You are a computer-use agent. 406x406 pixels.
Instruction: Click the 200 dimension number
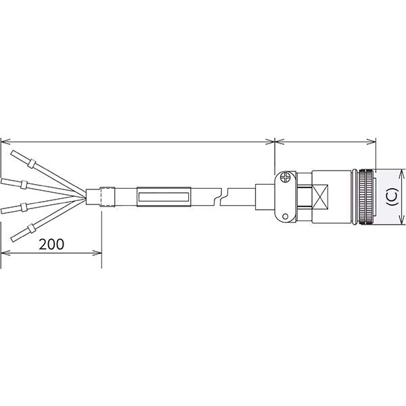[x=51, y=244]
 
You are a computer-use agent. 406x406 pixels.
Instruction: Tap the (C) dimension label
[x=392, y=197]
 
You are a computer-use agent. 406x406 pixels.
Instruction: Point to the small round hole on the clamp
[x=286, y=216]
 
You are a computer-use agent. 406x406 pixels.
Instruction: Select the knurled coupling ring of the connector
[x=365, y=197]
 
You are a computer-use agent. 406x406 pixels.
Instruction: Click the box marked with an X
[x=320, y=197]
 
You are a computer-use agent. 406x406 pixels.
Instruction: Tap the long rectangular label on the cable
[x=164, y=197]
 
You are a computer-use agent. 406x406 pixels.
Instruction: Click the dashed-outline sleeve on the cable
[x=107, y=197]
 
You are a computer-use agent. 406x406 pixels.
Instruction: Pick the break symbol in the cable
[x=221, y=197]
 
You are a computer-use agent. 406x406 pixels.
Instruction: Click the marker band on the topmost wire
[x=31, y=163]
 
